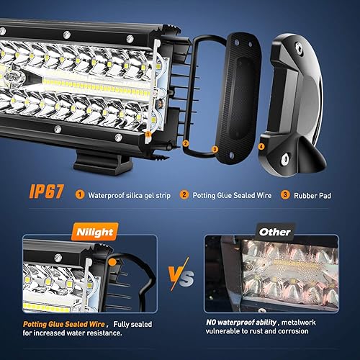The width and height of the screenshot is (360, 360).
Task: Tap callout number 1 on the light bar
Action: tap(147, 133)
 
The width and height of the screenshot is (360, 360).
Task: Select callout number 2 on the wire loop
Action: tap(185, 143)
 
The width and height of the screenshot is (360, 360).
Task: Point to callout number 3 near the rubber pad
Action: tap(215, 149)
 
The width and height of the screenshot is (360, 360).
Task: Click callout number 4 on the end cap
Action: tap(261, 146)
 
